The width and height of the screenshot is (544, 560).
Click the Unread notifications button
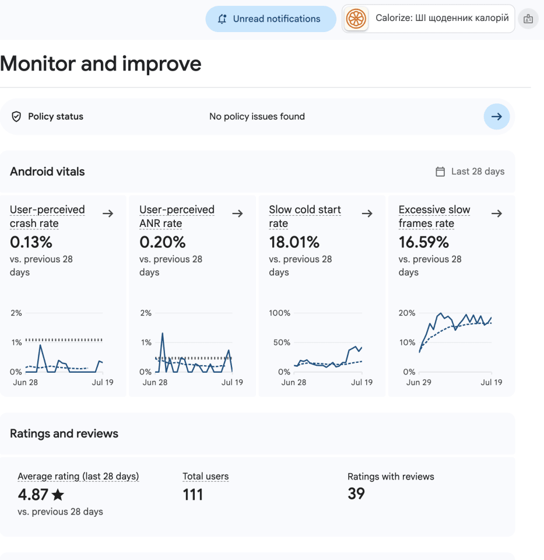271,19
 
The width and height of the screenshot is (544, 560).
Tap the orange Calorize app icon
356,19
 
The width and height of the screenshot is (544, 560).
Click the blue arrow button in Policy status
497,117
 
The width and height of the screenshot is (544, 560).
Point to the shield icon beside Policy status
16,117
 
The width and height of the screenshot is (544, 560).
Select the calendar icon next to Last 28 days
440,171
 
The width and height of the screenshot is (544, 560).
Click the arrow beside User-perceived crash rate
108,213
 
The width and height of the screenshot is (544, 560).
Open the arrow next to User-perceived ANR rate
237,213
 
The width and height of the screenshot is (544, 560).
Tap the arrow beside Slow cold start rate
367,213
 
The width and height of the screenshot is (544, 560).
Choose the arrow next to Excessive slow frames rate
497,213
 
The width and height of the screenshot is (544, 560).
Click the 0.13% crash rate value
31,242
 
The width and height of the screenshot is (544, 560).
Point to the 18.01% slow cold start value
294,242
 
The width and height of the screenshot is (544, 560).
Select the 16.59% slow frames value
424,242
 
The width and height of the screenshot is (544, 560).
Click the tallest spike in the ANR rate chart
163,334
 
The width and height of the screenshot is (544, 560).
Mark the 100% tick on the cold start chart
279,313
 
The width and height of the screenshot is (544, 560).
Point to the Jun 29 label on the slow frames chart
419,382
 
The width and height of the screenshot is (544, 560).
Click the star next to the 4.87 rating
58,495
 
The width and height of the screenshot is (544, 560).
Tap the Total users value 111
193,495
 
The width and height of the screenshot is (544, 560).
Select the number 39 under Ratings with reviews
356,494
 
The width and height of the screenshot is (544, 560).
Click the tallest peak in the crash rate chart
40,345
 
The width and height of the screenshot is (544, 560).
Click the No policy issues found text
257,117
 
